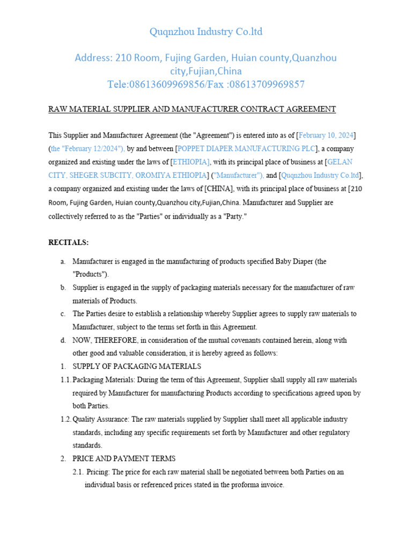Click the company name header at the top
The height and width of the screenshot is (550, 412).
(x=206, y=32)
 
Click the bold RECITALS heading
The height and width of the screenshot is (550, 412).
(x=69, y=243)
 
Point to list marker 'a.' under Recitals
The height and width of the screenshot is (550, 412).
(x=63, y=262)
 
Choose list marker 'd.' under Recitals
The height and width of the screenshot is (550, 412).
(x=63, y=341)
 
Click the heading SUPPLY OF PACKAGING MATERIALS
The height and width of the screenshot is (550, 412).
(x=137, y=366)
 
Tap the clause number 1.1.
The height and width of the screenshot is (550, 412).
(x=65, y=380)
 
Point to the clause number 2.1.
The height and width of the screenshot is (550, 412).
(x=78, y=472)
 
